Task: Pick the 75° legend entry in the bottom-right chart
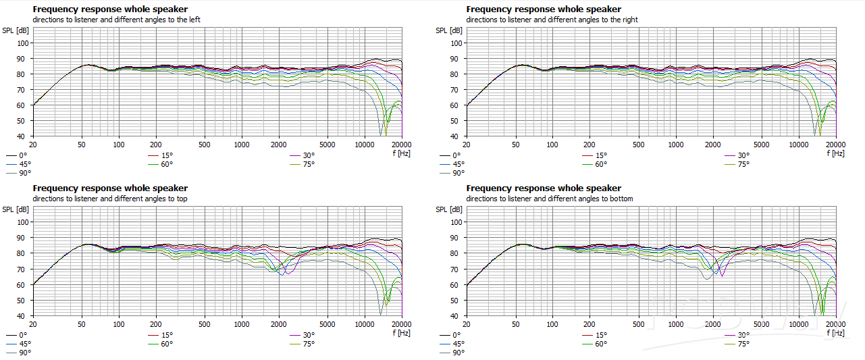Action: tap(742, 343)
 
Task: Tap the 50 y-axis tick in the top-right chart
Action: tap(456, 121)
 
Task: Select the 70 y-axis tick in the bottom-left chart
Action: tap(23, 269)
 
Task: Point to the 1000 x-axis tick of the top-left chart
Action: tap(241, 145)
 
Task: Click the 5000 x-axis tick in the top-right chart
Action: tap(761, 145)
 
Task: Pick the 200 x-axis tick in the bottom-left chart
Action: tap(155, 324)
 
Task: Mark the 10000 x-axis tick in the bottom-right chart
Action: tap(798, 324)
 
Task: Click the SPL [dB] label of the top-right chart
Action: tap(448, 30)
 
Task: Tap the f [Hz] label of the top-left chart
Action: tap(401, 153)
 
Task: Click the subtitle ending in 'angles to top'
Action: tap(109, 199)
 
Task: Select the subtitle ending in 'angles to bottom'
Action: tap(550, 199)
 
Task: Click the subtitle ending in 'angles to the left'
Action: tap(116, 20)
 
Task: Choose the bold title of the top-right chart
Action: tap(544, 9)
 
